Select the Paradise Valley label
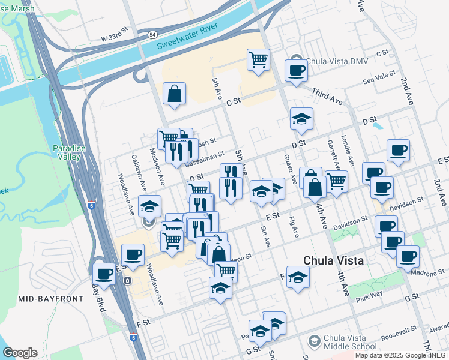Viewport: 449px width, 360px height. (67, 152)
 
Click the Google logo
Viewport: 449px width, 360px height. (20, 353)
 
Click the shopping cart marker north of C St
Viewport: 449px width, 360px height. (258, 59)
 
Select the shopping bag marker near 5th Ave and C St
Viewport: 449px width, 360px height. (174, 94)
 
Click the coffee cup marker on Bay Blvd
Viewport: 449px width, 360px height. (104, 274)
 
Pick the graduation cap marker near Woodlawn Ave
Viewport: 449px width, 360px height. (149, 206)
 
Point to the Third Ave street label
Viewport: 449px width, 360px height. (327, 96)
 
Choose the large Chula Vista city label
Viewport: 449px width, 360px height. (334, 260)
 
